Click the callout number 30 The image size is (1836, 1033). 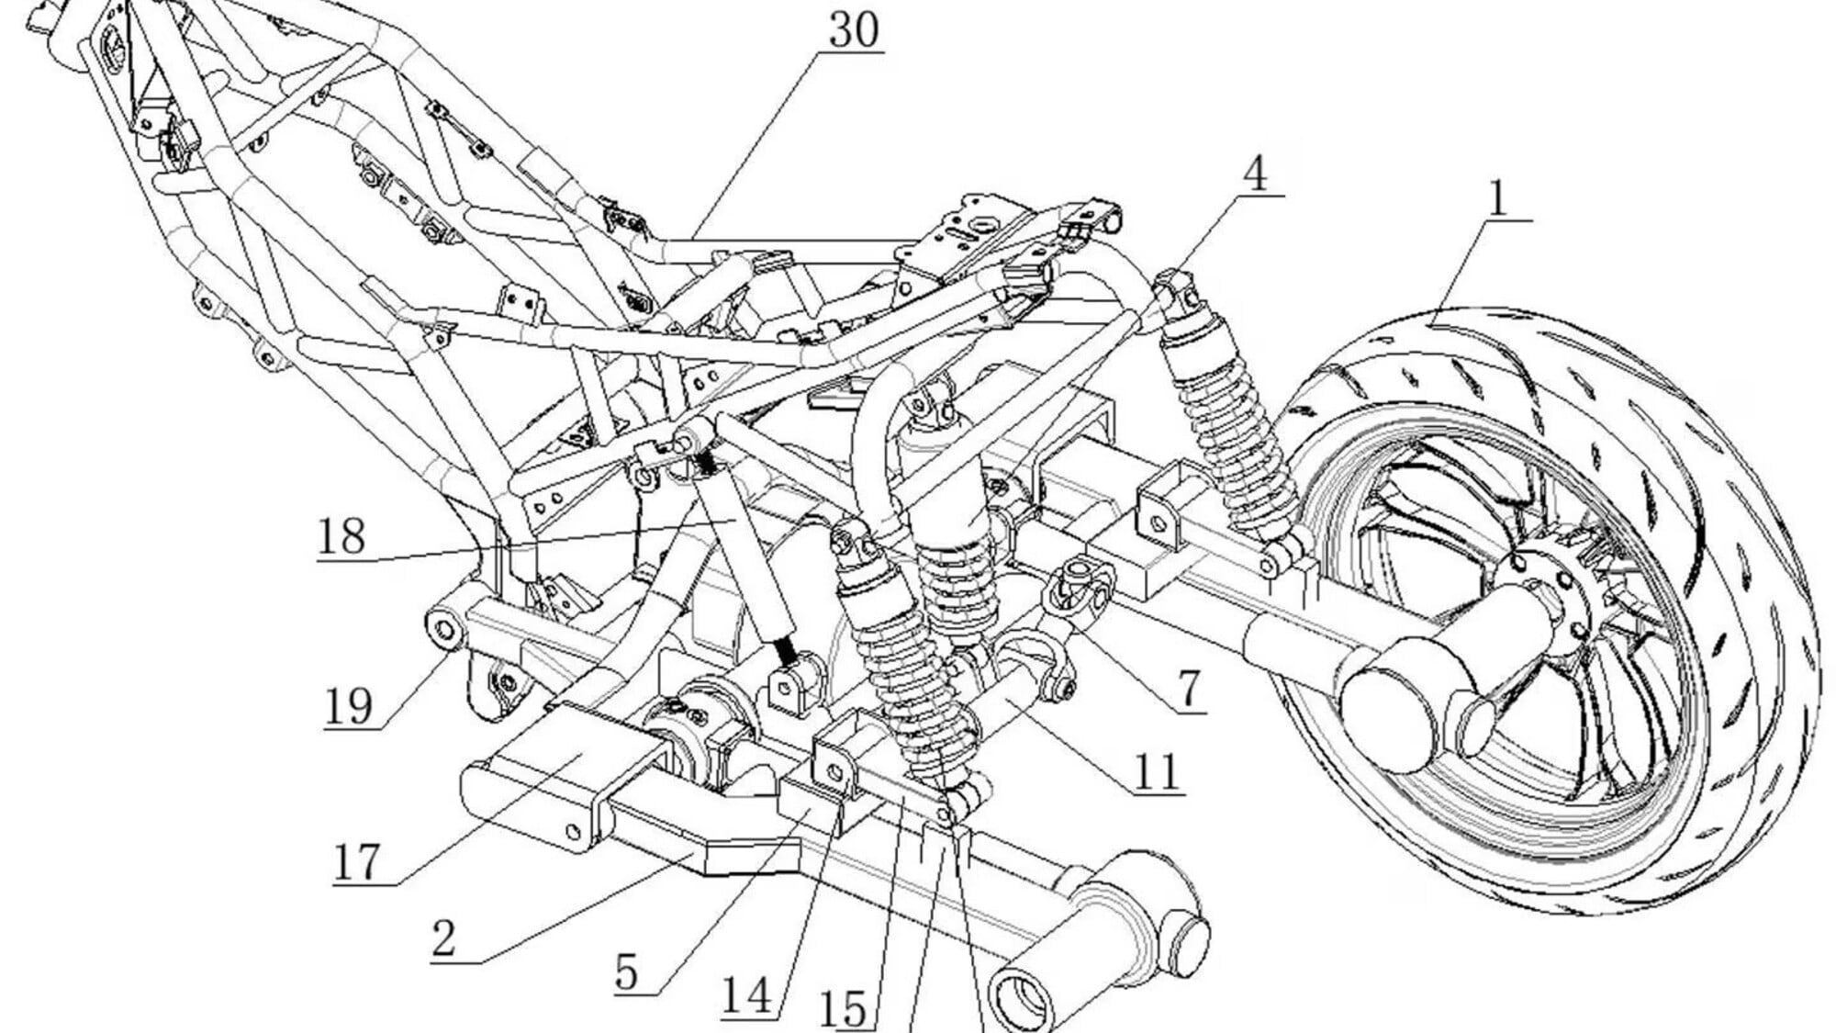coord(853,30)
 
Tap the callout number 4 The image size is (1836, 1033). coord(1255,174)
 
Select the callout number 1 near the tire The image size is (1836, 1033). coord(1497,198)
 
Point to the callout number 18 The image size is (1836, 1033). coord(341,537)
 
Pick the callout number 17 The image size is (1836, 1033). coord(355,862)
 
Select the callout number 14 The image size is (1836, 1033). coord(746,995)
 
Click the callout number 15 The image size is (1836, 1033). coord(843,1010)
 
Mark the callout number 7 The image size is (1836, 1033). coord(1189,690)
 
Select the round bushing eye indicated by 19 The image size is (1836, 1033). coord(442,630)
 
